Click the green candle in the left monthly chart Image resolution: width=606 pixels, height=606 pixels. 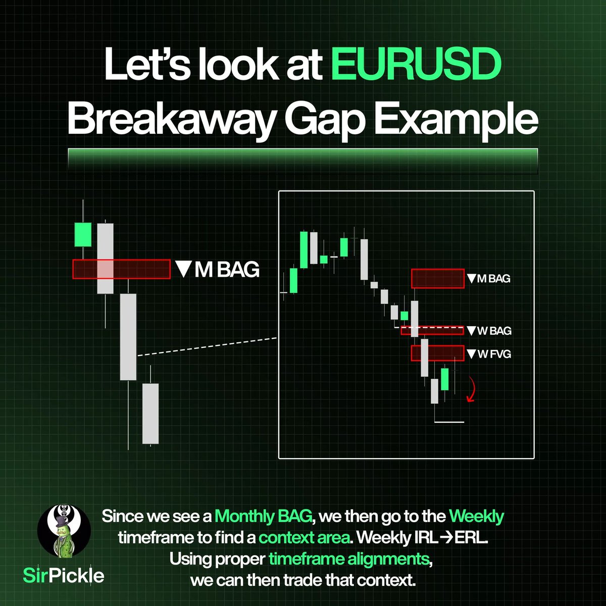coord(82,234)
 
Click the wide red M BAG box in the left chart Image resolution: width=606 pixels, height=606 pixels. coord(121,269)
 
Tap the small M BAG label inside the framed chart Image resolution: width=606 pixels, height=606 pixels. coord(488,278)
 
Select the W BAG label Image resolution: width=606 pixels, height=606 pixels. coord(489,331)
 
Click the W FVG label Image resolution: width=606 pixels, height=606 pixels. coord(489,354)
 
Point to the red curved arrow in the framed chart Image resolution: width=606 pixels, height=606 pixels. coord(471,390)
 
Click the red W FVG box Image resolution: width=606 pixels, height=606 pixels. coord(437,352)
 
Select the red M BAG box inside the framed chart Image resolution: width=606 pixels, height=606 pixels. coord(437,278)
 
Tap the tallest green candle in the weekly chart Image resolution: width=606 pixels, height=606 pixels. coord(304,250)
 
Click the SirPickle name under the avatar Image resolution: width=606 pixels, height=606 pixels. coord(64,575)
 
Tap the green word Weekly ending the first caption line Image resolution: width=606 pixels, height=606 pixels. coord(476,517)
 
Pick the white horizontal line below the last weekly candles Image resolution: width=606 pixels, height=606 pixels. coord(449,422)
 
